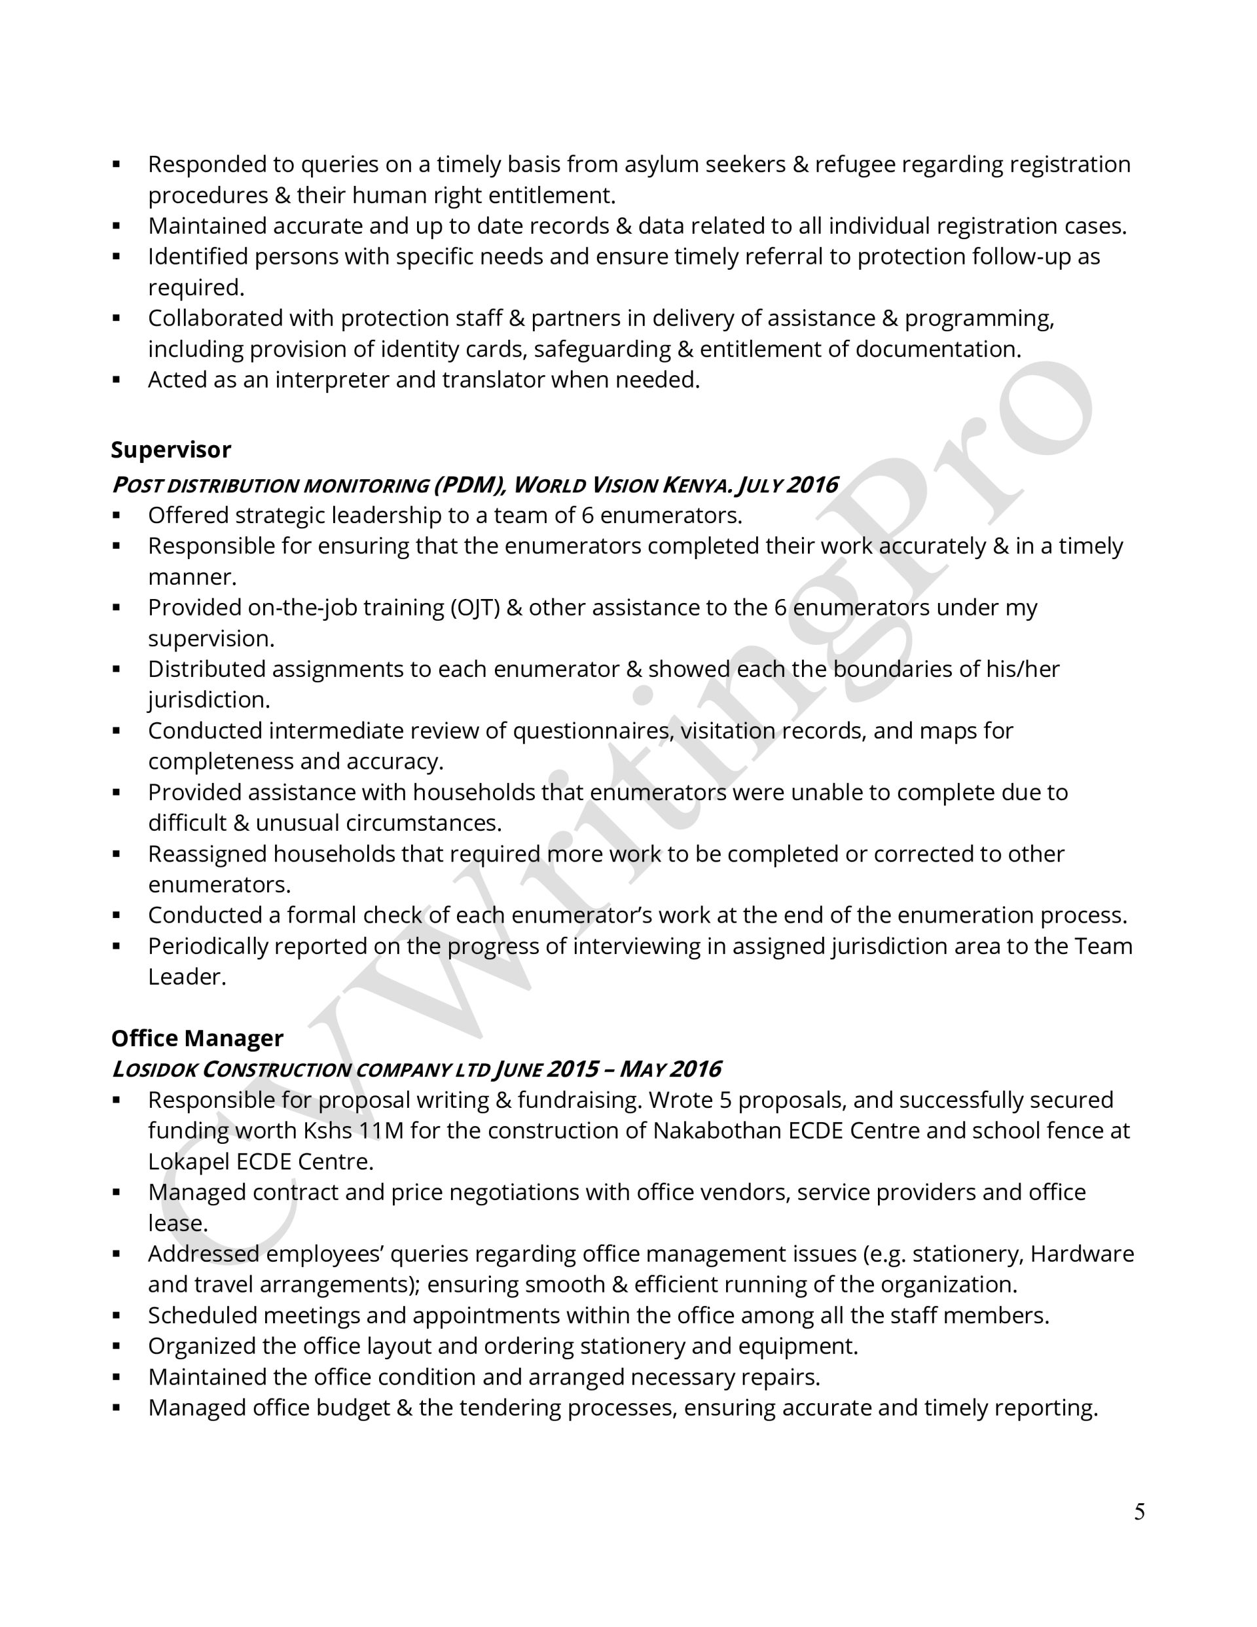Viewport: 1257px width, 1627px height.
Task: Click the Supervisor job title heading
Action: pos(171,450)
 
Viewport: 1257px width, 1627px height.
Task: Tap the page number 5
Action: pos(1139,1512)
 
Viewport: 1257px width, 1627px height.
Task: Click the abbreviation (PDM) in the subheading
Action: pos(469,485)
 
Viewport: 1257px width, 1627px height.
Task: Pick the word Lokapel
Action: pos(189,1161)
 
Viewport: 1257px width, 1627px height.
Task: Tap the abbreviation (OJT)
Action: pos(475,608)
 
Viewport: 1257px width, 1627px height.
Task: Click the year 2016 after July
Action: pos(811,485)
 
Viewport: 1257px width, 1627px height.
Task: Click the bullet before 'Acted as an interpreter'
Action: pos(117,380)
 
